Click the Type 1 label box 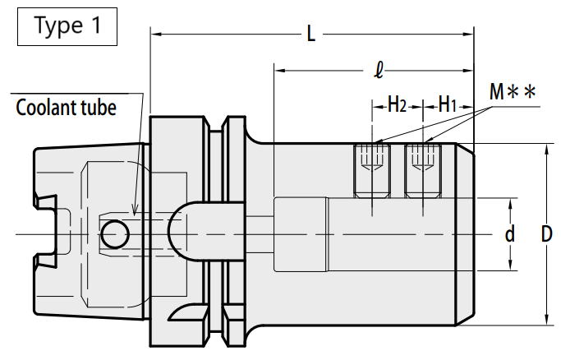click(67, 27)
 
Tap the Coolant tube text click(67, 108)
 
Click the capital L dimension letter click(311, 34)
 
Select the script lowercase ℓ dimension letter click(379, 70)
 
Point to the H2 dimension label click(398, 105)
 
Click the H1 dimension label click(448, 105)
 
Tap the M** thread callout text click(513, 91)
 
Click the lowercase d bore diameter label click(510, 234)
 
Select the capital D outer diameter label click(546, 234)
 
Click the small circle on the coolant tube click(114, 234)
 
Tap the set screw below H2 click(372, 171)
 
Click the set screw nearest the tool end click(423, 171)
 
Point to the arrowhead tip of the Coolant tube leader click(135, 215)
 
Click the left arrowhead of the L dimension click(151, 34)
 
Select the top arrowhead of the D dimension click(546, 144)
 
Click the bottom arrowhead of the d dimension click(511, 270)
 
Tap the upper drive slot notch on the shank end click(47, 202)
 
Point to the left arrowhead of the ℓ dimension click(275, 70)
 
